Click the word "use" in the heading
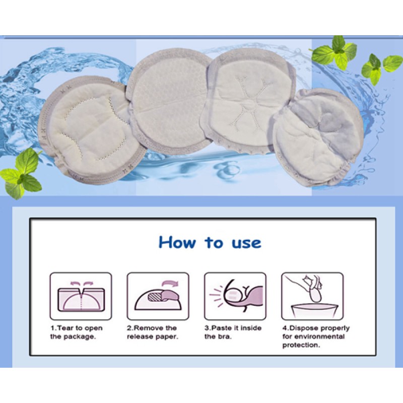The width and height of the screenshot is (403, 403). [x=247, y=243]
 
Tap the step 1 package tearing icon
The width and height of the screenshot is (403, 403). [x=81, y=296]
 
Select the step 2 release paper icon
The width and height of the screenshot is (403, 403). [x=158, y=296]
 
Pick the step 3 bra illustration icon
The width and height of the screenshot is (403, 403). [x=235, y=296]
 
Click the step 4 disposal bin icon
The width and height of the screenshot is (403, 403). [x=312, y=296]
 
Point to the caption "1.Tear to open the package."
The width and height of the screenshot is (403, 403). [x=76, y=332]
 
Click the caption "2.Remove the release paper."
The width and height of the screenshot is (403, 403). [x=152, y=332]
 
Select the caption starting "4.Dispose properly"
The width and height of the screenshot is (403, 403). [x=315, y=337]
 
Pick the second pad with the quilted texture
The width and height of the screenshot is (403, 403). [x=169, y=101]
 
